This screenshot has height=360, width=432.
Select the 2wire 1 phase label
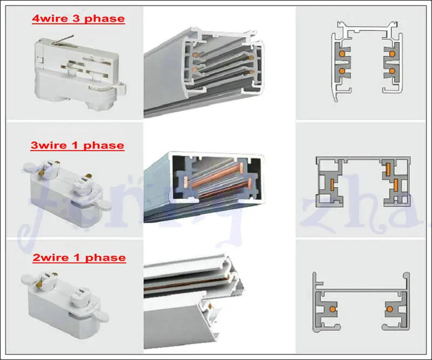(x=79, y=257)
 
